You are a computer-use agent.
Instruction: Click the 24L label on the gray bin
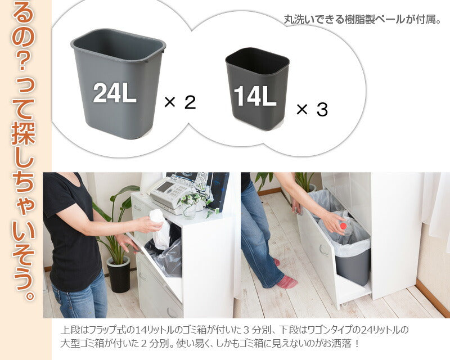coord(115,93)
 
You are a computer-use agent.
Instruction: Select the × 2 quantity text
coord(180,102)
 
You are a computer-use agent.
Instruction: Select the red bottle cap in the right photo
coord(342,225)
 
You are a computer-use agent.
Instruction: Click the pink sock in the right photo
coord(286,281)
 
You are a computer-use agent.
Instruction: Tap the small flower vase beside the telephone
coord(190,208)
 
